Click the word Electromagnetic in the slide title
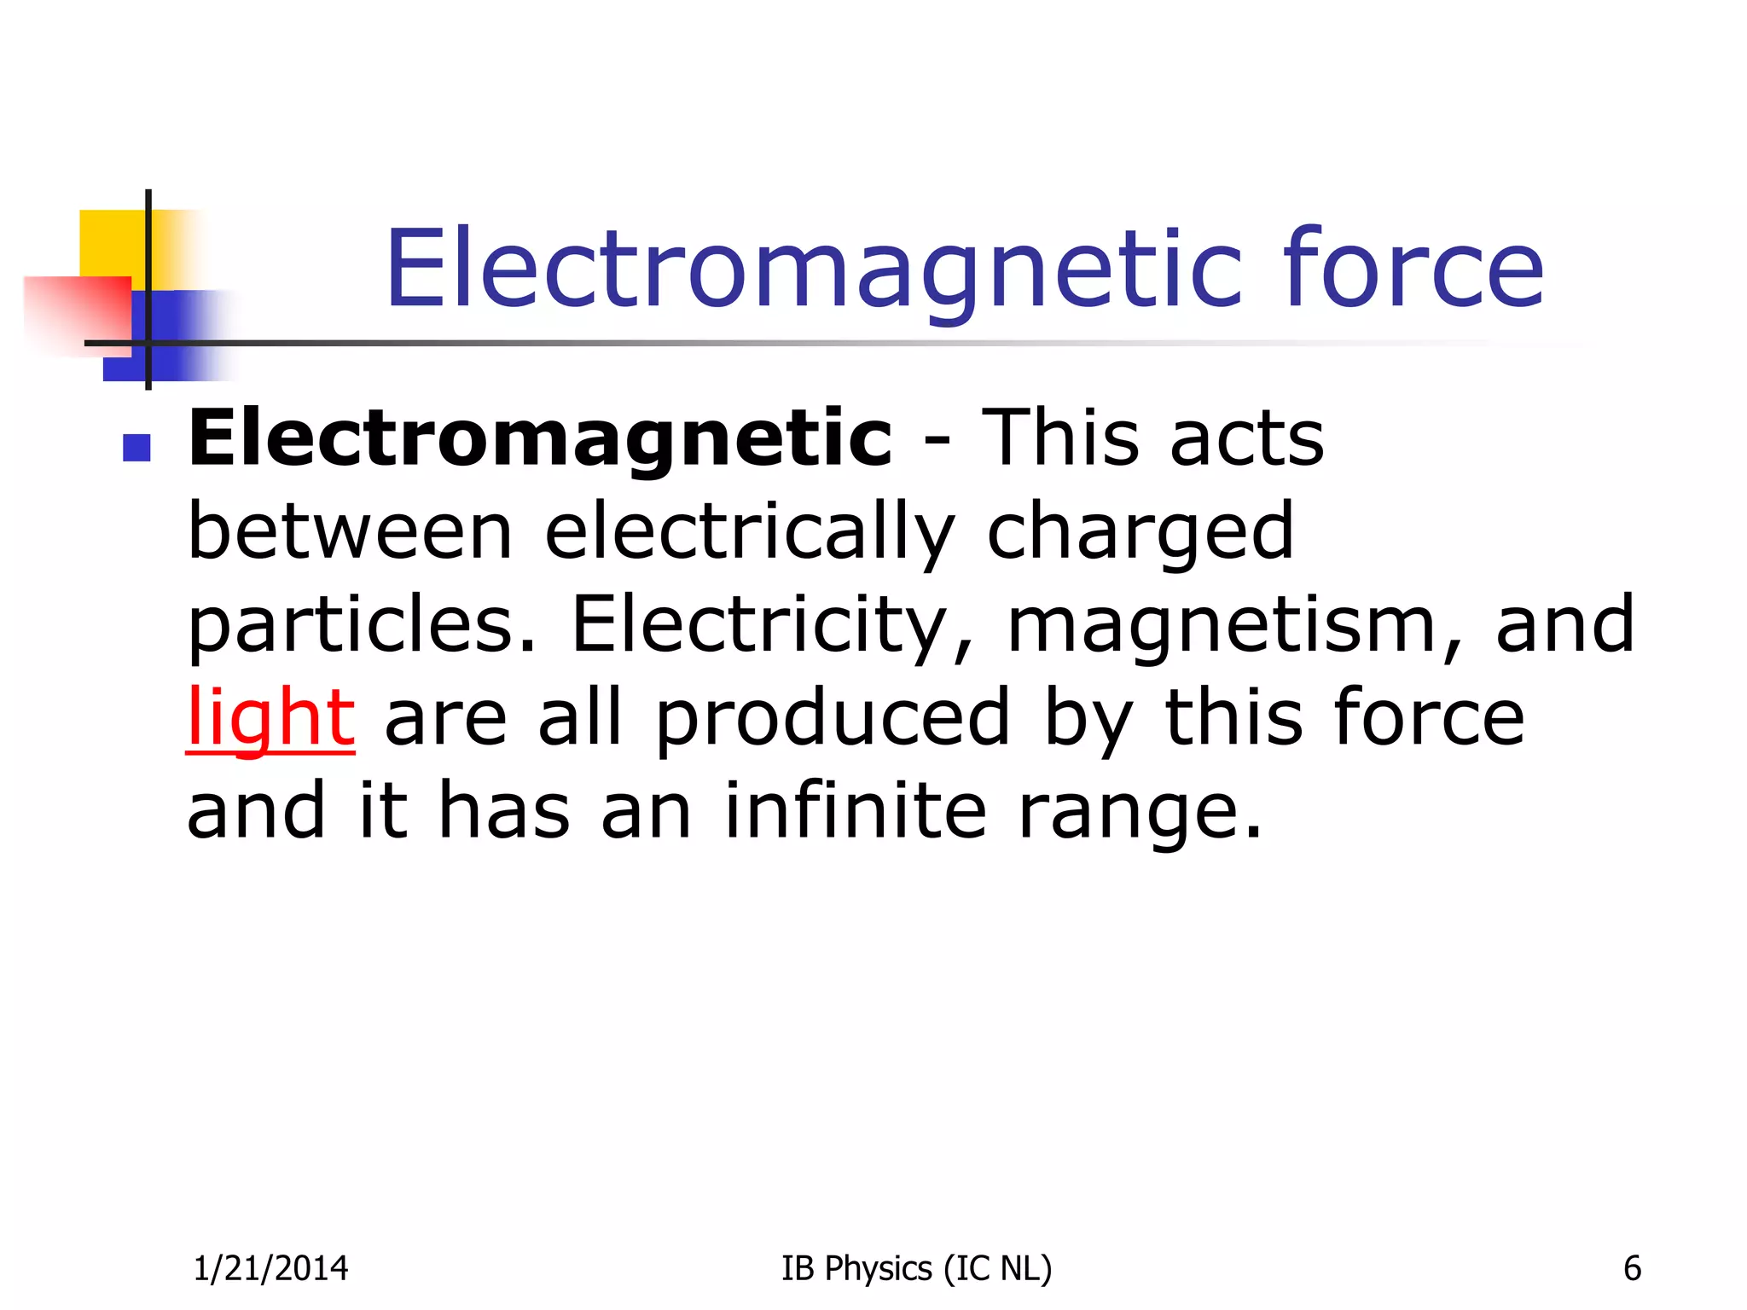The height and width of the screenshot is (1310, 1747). pos(813,269)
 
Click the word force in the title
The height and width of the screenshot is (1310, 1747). pos(1413,269)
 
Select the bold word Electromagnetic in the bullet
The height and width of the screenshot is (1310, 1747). pos(540,439)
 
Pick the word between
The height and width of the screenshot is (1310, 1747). pos(350,531)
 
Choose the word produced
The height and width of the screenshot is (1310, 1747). pos(833,719)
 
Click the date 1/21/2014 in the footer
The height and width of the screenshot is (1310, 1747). pos(270,1268)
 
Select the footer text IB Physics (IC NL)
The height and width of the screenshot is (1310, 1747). pos(916,1268)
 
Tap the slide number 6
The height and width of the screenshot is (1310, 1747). pos(1632,1268)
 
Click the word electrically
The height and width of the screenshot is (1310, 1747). pos(749,533)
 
